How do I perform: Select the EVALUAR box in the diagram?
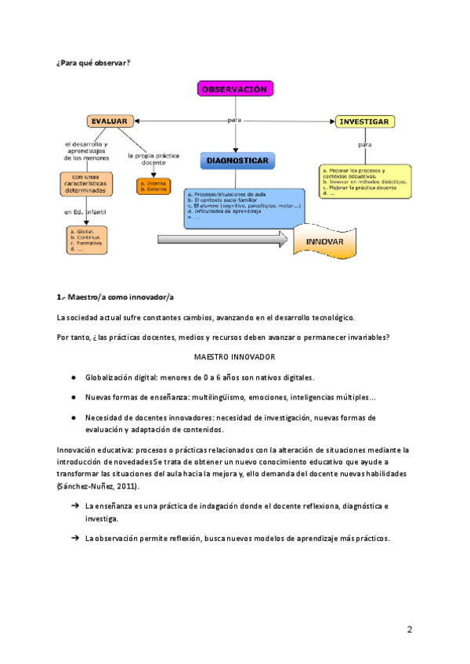(x=110, y=121)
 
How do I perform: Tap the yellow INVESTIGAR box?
(x=363, y=121)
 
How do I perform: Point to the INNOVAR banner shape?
(x=324, y=241)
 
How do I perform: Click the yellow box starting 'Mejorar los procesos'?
(x=365, y=179)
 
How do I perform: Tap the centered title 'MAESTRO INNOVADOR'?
(x=234, y=356)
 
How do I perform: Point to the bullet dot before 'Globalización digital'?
(x=73, y=377)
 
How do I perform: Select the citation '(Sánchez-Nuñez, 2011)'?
(x=99, y=486)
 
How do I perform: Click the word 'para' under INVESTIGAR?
(x=364, y=145)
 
